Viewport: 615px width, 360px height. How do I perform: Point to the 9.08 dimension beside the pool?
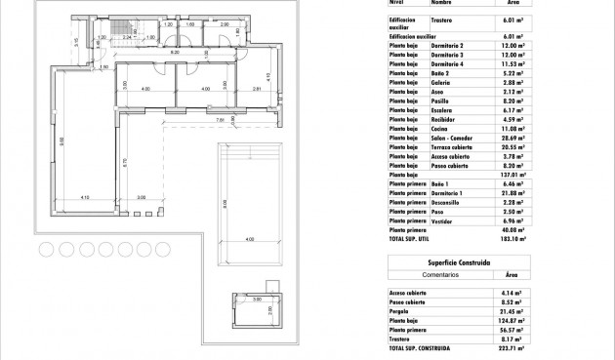click(225, 204)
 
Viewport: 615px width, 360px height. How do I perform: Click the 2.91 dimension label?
click(257, 90)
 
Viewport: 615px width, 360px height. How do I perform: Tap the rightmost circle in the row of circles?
click(162, 250)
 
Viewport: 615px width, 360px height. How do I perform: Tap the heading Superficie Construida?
click(459, 263)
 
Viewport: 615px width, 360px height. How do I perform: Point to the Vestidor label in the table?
click(443, 220)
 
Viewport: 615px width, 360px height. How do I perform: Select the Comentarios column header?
click(417, 275)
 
